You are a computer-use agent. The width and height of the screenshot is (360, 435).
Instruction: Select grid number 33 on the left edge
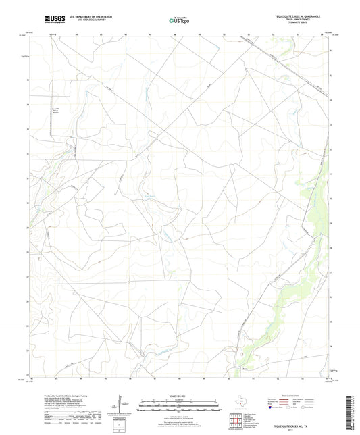tap(28, 129)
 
